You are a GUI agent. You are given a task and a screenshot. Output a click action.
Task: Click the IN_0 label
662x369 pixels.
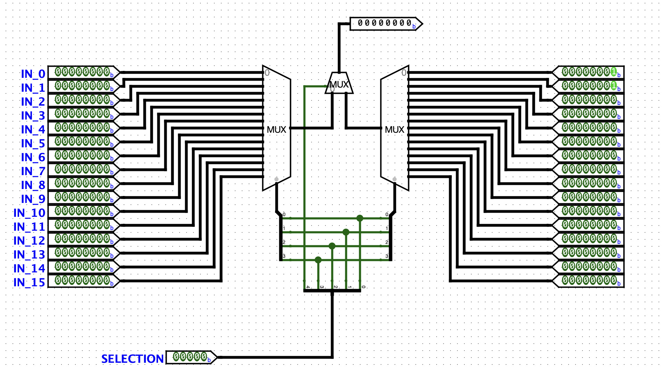pyautogui.click(x=33, y=74)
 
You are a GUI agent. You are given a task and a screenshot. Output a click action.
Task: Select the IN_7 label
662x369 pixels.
pyautogui.click(x=33, y=171)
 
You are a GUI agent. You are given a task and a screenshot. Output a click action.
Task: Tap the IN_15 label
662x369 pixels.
pyautogui.click(x=29, y=282)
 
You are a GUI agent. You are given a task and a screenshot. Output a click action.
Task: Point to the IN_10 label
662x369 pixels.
pyautogui.click(x=29, y=213)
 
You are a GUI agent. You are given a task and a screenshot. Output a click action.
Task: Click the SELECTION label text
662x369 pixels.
pyautogui.click(x=132, y=359)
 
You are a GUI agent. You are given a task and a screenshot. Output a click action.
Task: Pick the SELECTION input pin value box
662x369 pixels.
pyautogui.click(x=191, y=357)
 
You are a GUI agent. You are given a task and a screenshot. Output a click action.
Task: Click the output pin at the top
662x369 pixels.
pyautogui.click(x=386, y=24)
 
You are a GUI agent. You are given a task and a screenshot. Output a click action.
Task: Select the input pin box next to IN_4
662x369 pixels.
pyautogui.click(x=84, y=128)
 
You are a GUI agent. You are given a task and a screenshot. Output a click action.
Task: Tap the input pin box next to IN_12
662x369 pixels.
pyautogui.click(x=84, y=239)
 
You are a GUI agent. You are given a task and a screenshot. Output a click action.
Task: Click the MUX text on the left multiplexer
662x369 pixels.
pyautogui.click(x=276, y=130)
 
